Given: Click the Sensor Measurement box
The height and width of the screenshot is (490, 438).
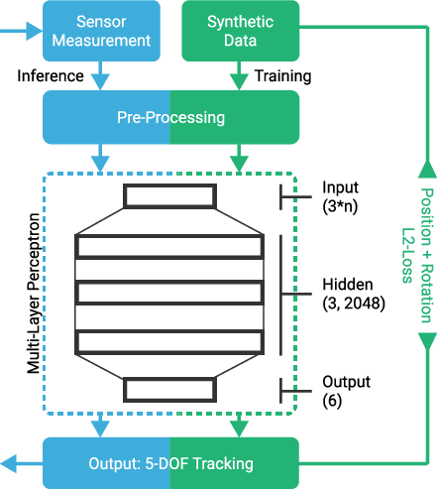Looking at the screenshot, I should click(x=99, y=31).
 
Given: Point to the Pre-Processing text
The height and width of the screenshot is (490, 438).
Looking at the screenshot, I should click(x=169, y=118).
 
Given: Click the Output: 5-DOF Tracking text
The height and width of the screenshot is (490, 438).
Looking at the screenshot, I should click(x=169, y=463).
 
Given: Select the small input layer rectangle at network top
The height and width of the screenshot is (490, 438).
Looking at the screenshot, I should click(x=168, y=196).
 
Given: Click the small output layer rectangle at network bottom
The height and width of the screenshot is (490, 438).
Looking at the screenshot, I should click(x=168, y=390).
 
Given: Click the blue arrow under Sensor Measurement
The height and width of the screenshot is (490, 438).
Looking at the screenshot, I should click(x=99, y=75).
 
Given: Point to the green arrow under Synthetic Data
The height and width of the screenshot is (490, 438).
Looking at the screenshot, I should click(x=238, y=75).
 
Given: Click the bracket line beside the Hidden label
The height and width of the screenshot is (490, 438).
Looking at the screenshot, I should click(x=282, y=294).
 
